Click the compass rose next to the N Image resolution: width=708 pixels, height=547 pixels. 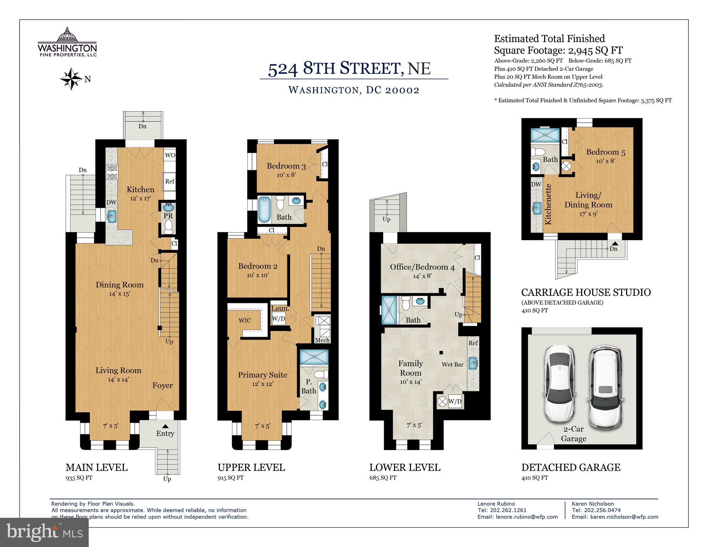coord(72,79)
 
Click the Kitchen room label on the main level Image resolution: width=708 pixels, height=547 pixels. coord(141,189)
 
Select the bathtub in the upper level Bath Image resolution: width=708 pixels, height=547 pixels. coord(264,210)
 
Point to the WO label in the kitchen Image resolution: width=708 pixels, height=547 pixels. coord(170,155)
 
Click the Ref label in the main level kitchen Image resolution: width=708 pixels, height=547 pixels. coord(170,181)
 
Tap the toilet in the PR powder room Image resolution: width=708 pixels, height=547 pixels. coord(168,227)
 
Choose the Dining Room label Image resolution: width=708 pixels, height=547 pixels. coord(120,284)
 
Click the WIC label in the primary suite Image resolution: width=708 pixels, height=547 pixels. coord(244,320)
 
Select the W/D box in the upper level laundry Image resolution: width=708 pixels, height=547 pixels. coord(279,319)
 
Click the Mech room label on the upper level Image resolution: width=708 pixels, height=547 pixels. coord(322,340)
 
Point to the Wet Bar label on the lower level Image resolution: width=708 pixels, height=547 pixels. coord(453,364)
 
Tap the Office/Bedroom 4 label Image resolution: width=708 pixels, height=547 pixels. coord(422,267)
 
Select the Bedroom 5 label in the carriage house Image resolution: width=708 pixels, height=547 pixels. coord(606,152)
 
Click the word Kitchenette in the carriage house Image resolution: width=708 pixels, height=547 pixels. coord(548,204)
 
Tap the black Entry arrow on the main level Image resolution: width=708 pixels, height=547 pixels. coord(165,426)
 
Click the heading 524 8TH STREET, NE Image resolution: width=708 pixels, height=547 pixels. coord(349,68)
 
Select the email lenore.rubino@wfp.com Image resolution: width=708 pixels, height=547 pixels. coord(527,517)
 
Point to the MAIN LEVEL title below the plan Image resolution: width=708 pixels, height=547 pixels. coord(97,467)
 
